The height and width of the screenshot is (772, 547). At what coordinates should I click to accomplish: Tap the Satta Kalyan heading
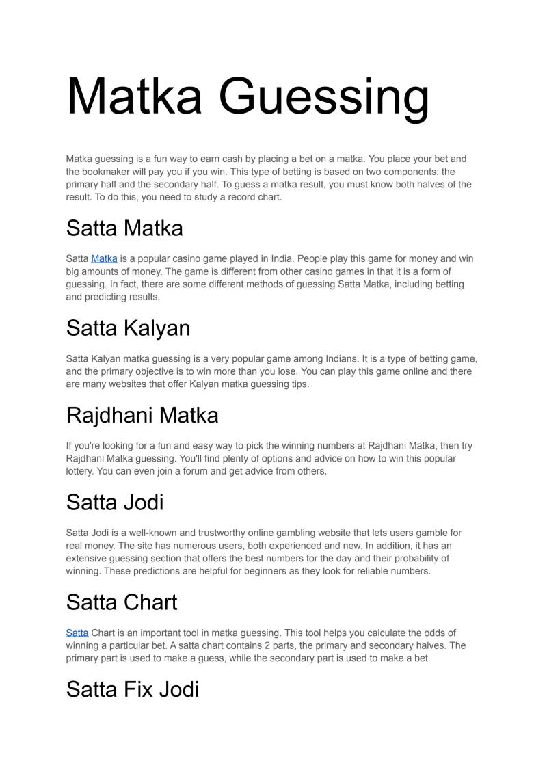tap(128, 328)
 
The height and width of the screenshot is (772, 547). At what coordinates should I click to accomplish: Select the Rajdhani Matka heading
tap(142, 415)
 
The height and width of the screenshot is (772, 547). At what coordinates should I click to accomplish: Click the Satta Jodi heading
tap(115, 503)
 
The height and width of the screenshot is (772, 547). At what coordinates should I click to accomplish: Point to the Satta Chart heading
tap(122, 602)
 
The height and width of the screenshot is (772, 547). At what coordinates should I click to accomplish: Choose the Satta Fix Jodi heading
tap(133, 689)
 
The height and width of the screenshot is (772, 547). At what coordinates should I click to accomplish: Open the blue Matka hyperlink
tap(104, 259)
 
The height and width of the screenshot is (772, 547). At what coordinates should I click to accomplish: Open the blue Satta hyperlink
tap(77, 633)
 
